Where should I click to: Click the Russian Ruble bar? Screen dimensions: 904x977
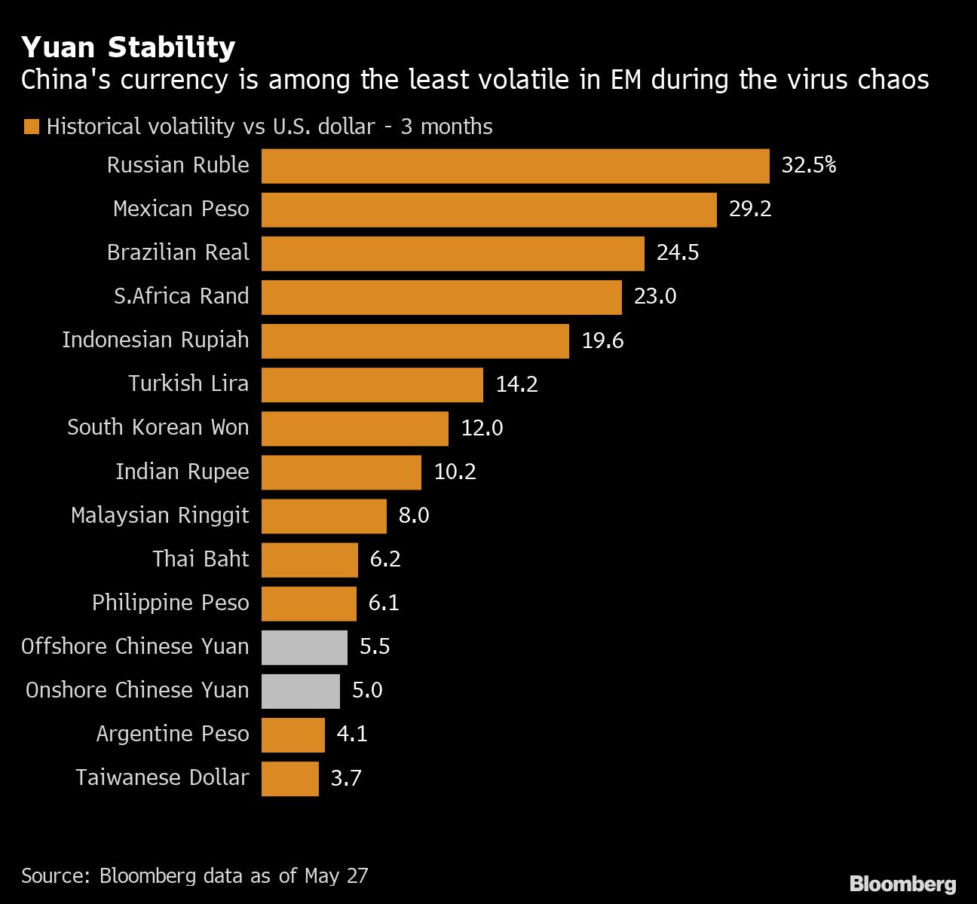[x=515, y=166]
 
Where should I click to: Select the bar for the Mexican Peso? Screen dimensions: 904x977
[x=488, y=209]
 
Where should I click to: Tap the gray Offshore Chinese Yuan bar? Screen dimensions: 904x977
[x=305, y=647]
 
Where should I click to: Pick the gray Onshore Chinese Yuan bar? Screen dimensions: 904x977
[x=301, y=691]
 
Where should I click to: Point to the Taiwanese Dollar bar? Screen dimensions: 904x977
[x=290, y=778]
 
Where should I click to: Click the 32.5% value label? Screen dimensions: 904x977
[x=808, y=165]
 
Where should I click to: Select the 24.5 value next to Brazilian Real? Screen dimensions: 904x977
[x=678, y=252]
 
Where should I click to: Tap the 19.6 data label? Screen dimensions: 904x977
[x=602, y=341]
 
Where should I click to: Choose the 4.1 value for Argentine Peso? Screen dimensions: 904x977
[x=352, y=734]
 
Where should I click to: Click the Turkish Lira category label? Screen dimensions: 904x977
[x=188, y=383]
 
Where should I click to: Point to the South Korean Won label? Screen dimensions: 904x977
[x=158, y=427]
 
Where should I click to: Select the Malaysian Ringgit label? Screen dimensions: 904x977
[x=159, y=515]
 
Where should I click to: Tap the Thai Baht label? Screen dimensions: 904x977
[x=200, y=559]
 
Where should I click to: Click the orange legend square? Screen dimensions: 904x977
[x=31, y=127]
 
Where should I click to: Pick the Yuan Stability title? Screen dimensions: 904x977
[x=128, y=47]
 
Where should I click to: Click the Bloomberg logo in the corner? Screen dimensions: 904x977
[x=902, y=884]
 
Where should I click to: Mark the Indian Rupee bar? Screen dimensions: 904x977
[x=341, y=472]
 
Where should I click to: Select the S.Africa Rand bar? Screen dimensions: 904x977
[x=441, y=297]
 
